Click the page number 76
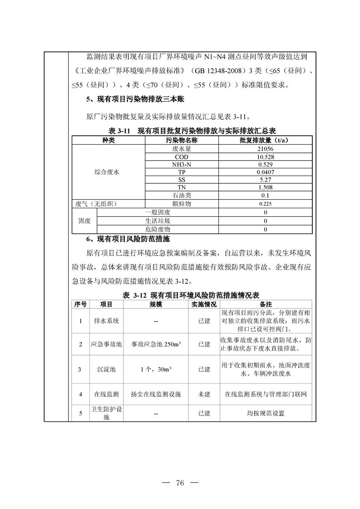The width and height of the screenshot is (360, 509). coord(180,482)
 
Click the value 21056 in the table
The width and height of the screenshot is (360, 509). coord(266,148)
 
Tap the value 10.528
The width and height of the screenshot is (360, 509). coord(266,157)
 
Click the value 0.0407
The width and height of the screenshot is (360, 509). coord(266,172)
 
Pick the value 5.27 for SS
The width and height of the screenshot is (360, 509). coord(266,180)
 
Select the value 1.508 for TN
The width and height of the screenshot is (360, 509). coord(266,187)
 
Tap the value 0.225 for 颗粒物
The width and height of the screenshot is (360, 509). coord(266,204)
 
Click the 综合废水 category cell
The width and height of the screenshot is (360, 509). coord(108,172)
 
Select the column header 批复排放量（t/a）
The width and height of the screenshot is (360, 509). coord(266,140)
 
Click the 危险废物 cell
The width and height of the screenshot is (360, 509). coord(158,230)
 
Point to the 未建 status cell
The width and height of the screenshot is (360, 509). coord(204,394)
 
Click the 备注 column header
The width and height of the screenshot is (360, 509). coord(266,304)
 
